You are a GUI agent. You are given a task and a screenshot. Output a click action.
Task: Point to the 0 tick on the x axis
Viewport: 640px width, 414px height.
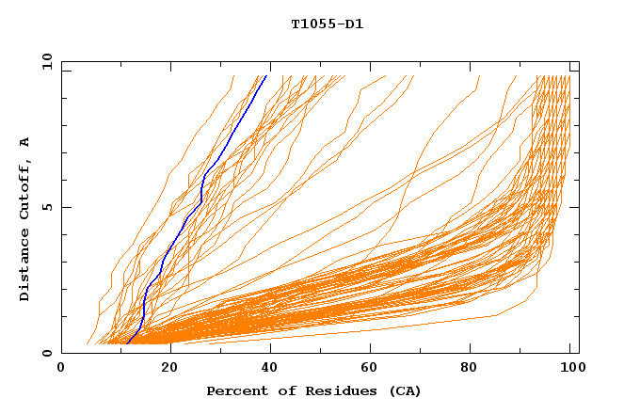pyautogui.click(x=62, y=369)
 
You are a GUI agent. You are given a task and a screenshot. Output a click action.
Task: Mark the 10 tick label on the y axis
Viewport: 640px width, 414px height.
pyautogui.click(x=46, y=62)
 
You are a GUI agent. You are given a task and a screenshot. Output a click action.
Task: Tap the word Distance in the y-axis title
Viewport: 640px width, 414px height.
pyautogui.click(x=25, y=266)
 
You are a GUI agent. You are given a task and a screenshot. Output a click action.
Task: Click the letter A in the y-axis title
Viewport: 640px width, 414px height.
pyautogui.click(x=25, y=142)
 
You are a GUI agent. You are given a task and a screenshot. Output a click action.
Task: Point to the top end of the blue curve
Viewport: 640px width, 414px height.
pyautogui.click(x=266, y=75)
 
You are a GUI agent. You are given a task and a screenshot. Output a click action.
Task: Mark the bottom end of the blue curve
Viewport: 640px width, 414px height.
pyautogui.click(x=127, y=342)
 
